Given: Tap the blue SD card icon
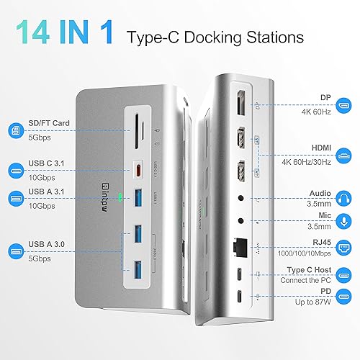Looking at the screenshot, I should tap(16, 130).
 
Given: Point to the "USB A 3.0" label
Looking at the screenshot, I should tap(51, 245).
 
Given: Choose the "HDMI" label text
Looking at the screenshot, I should tap(300, 147).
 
